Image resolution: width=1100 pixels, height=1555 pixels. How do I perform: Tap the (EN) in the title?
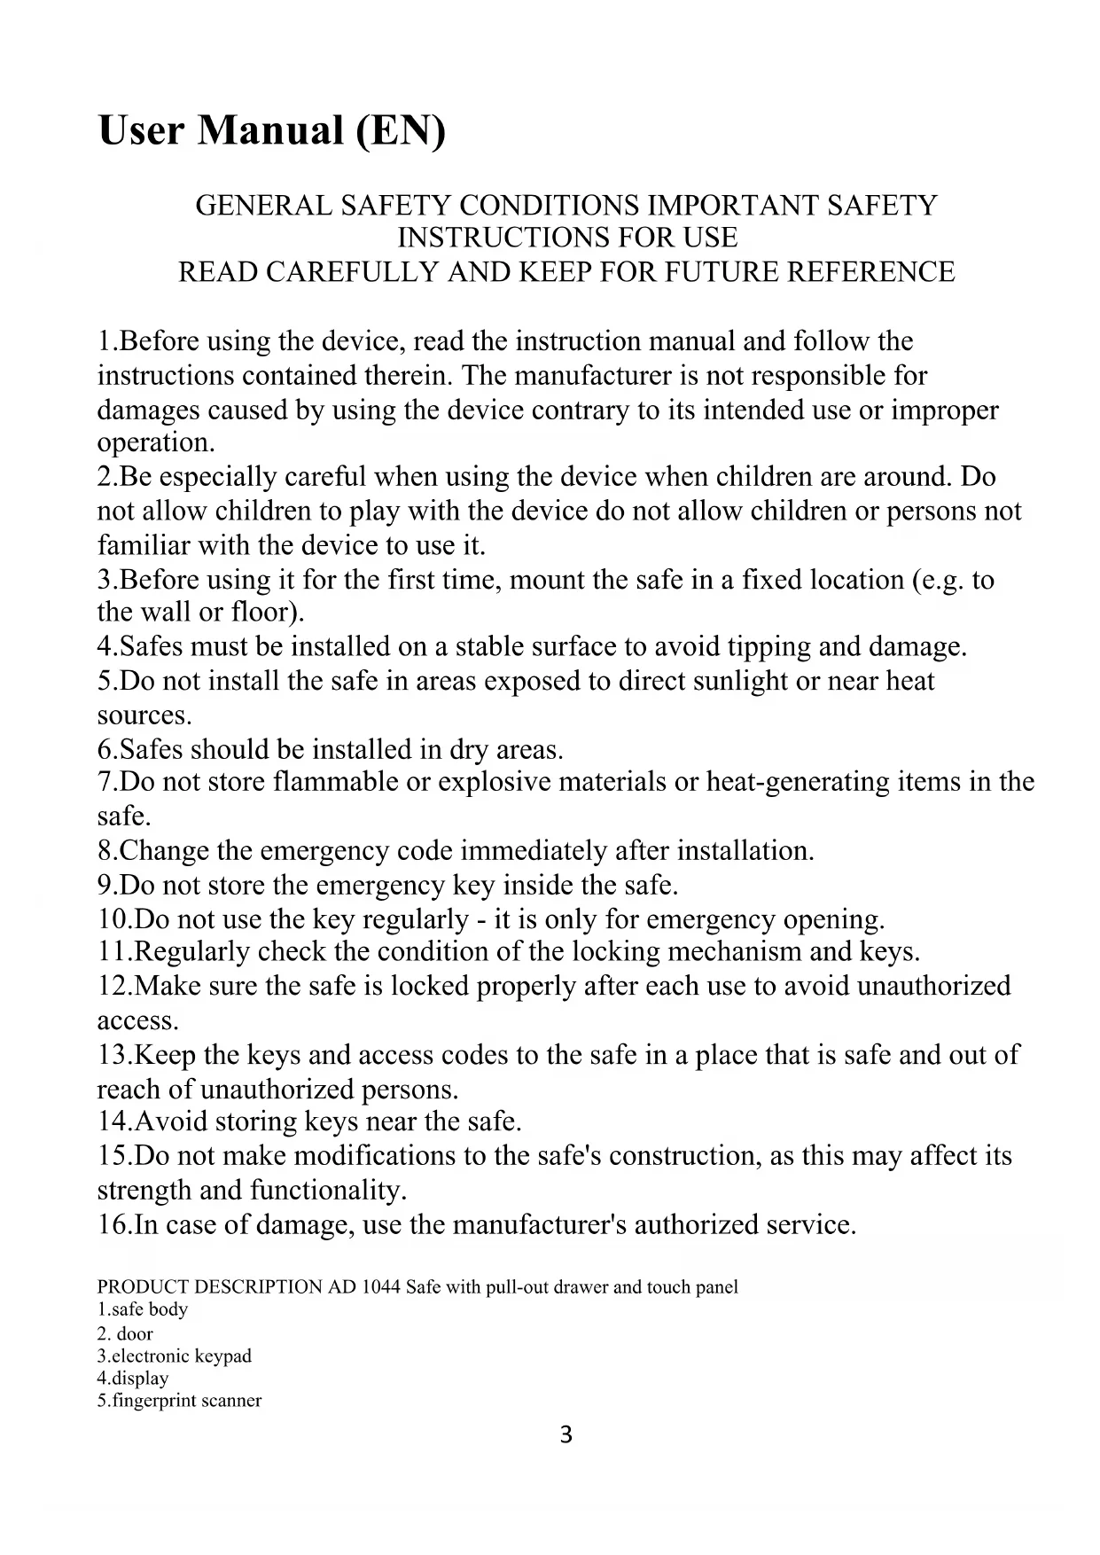(x=400, y=131)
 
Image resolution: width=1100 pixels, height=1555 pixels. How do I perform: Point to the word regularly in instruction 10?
(x=412, y=918)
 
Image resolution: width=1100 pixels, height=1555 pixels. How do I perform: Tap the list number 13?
(x=113, y=1055)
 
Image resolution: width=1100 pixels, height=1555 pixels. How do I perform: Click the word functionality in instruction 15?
(x=325, y=1190)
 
